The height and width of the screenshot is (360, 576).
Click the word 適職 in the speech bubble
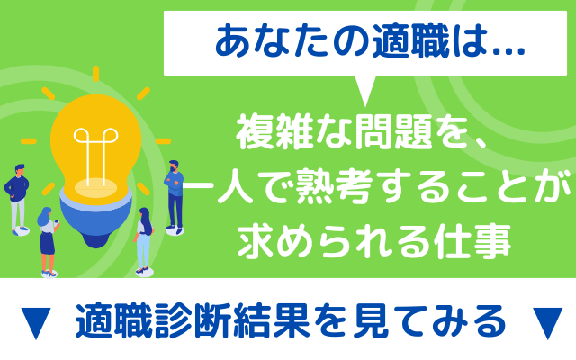pyautogui.click(x=410, y=42)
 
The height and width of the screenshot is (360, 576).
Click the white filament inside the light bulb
pyautogui.click(x=95, y=156)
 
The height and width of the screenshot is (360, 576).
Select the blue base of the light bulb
pyautogui.click(x=96, y=220)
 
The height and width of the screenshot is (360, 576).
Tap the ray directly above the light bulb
pyautogui.click(x=96, y=74)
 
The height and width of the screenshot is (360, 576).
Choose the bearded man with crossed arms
pyautogui.click(x=174, y=197)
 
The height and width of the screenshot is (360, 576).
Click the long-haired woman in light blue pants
pyautogui.click(x=144, y=241)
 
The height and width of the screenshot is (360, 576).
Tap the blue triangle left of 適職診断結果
pyautogui.click(x=36, y=322)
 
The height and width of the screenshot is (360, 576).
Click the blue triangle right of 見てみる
pyautogui.click(x=547, y=322)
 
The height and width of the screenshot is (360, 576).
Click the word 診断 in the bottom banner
pyautogui.click(x=193, y=320)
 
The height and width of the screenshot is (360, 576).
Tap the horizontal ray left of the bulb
pyautogui.click(x=29, y=141)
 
